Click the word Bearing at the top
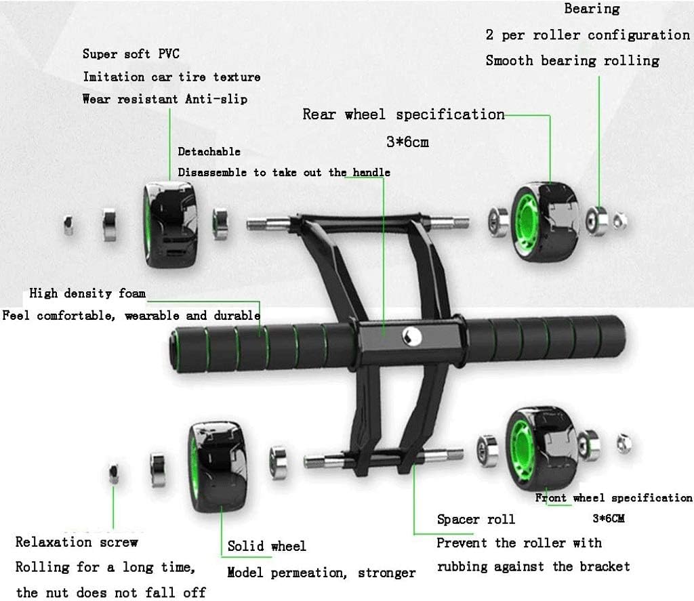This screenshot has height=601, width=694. pos(592,9)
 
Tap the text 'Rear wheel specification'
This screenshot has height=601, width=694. pos(403,114)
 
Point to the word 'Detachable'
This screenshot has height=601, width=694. pos(209,151)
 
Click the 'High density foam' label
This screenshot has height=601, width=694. pos(87,293)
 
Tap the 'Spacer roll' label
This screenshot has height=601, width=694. pos(476,520)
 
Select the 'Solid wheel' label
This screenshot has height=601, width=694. pos(266,546)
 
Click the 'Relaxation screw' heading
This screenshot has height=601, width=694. pos(77,542)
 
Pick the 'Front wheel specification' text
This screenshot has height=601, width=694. pos(614,498)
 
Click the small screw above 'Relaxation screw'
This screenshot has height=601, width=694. pos(115,472)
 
